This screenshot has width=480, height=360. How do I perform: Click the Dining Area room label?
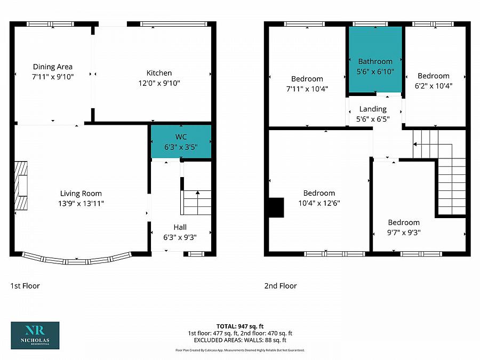coord(53,67)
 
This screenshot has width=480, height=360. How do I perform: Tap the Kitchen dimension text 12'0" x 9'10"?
coord(159,83)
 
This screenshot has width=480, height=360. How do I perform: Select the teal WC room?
coord(181,141)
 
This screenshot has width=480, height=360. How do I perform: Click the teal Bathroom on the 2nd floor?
coord(375,60)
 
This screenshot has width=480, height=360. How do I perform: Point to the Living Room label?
coord(81,194)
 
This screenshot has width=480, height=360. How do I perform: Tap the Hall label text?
coord(180,227)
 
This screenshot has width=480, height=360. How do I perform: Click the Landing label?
coord(373,109)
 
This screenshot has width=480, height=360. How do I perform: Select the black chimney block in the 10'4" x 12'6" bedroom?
coord(276,207)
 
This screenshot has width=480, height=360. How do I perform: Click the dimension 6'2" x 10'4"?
coord(433,85)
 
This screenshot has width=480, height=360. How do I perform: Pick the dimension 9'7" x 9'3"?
coord(403,233)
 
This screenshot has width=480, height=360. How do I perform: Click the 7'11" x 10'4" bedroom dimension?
coord(307,89)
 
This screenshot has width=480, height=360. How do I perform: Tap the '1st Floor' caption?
coord(25,286)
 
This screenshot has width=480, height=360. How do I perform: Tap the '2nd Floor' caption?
coord(281,286)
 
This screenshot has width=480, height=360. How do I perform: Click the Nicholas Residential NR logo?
coord(35,335)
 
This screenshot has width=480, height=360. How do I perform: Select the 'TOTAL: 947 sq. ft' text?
coord(240,326)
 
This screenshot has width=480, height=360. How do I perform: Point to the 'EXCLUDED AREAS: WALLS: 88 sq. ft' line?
coord(240,340)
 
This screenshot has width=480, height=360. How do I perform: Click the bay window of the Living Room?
coord(77,260)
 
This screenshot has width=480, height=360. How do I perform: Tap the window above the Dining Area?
coord(51,23)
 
